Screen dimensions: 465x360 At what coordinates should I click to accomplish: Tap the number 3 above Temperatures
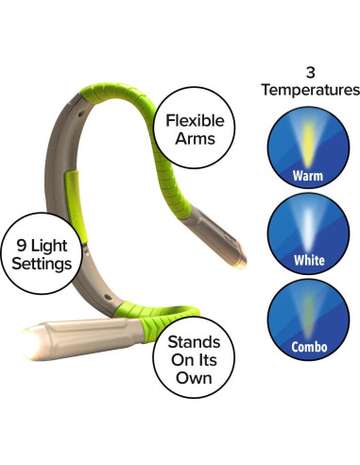pos(313,71)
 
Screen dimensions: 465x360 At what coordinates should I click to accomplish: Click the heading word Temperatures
pos(313,91)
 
